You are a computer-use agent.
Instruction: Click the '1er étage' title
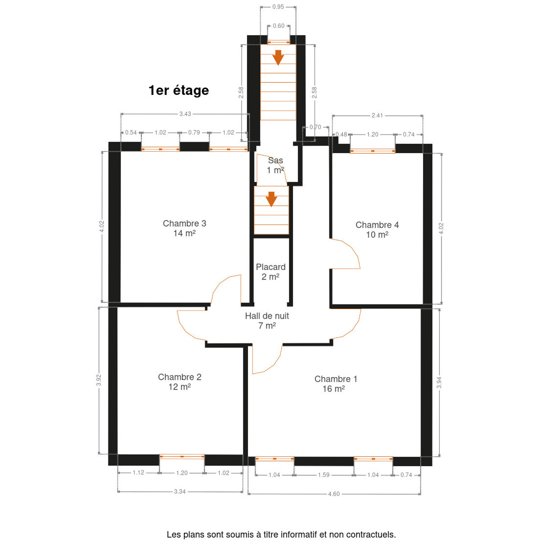(179, 90)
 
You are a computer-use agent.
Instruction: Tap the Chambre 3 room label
(184, 228)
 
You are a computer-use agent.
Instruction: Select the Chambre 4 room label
(377, 229)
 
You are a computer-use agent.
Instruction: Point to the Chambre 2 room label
(180, 382)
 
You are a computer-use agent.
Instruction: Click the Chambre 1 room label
(336, 384)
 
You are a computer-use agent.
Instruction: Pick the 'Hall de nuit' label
(267, 320)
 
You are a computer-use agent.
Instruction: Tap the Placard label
(271, 271)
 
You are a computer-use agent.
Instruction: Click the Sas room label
(275, 165)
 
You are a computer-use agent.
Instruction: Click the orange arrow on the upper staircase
(278, 58)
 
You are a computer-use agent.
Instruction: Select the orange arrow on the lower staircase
(271, 199)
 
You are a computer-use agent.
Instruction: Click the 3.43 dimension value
(185, 114)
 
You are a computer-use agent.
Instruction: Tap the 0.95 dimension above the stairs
(278, 7)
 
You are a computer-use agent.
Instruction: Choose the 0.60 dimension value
(279, 26)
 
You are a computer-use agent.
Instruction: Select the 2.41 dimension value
(377, 115)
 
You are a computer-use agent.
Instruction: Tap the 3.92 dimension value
(99, 380)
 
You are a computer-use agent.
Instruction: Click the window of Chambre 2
(182, 456)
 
